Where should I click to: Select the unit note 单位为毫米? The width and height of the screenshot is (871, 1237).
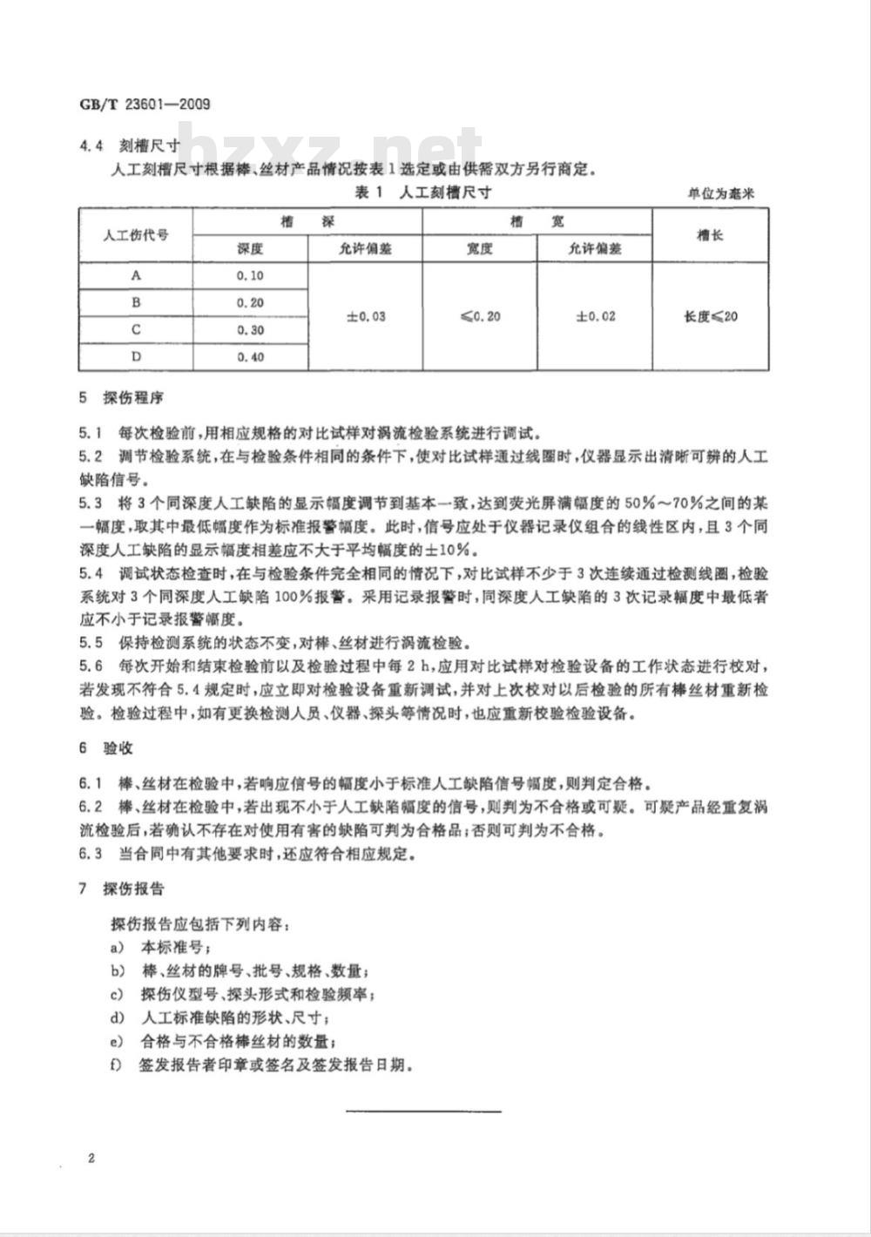(x=719, y=193)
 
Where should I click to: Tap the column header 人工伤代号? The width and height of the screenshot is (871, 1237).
(x=135, y=235)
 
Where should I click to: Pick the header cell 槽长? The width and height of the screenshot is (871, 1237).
(x=710, y=235)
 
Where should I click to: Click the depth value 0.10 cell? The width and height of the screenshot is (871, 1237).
(x=250, y=275)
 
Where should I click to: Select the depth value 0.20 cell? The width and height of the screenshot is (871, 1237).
(x=250, y=302)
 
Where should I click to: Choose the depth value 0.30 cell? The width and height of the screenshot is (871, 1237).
(x=250, y=330)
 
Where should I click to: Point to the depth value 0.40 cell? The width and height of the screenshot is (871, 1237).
(x=250, y=357)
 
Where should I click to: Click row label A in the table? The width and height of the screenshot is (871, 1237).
(x=135, y=275)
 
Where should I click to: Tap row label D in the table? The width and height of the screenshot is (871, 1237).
(x=135, y=357)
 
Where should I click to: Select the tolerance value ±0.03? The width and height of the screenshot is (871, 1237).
(x=366, y=316)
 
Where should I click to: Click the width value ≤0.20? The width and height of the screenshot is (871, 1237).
(x=480, y=316)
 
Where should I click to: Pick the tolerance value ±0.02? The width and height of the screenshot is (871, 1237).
(x=595, y=316)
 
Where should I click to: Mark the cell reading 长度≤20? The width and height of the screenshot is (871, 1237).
(x=711, y=316)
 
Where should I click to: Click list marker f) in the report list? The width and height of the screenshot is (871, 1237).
(x=115, y=1065)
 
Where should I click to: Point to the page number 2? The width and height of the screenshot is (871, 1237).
(x=91, y=1158)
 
